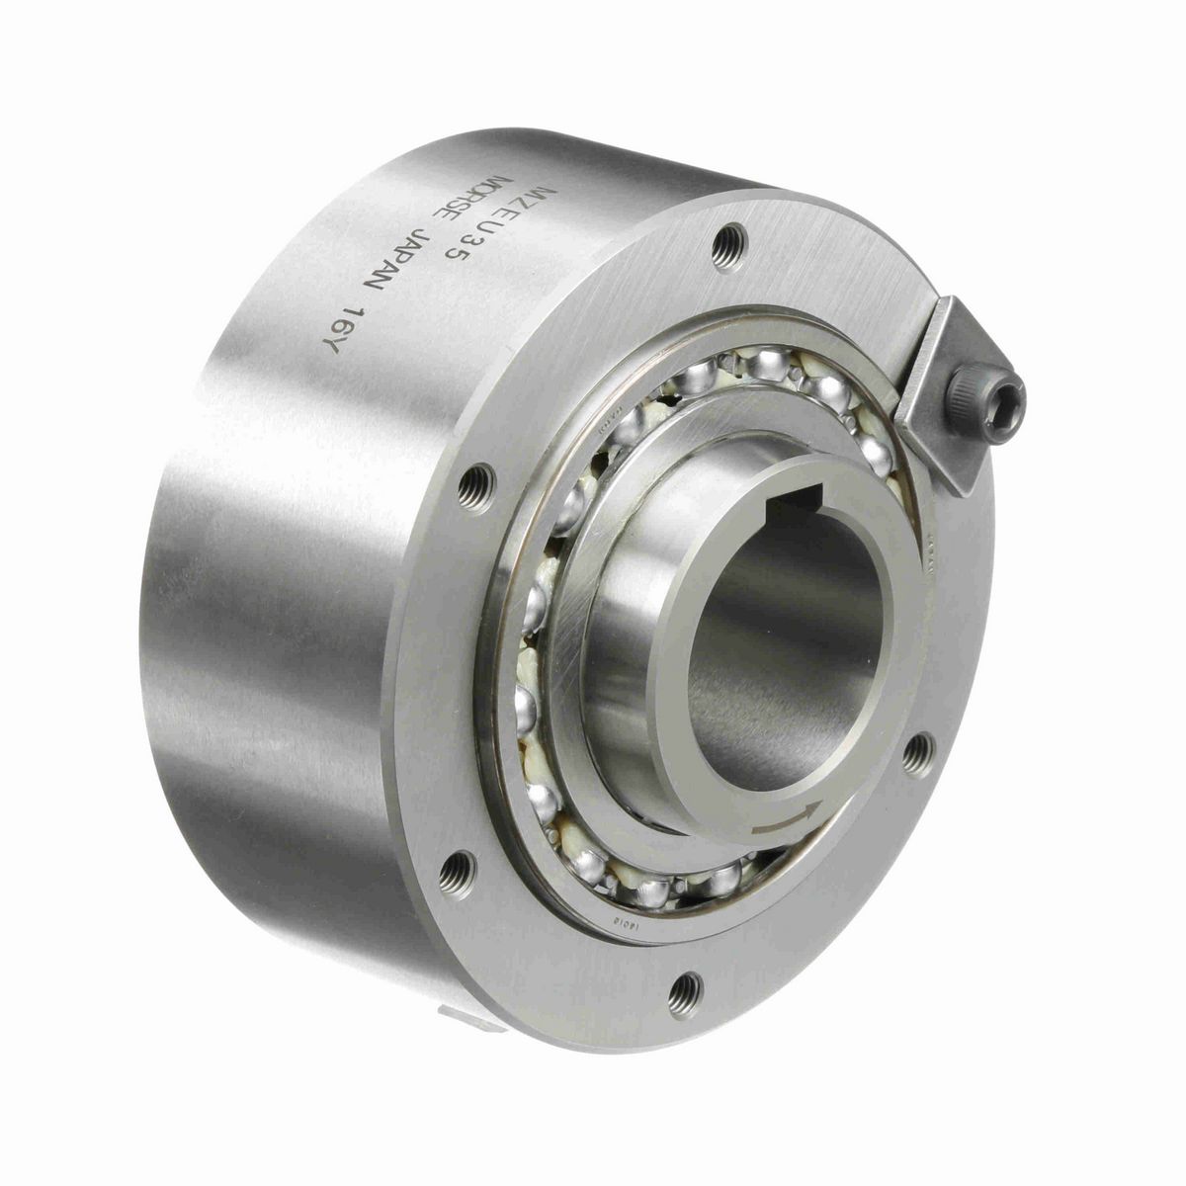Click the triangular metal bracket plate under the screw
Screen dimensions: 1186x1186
point(944,435)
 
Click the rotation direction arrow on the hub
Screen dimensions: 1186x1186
point(786,819)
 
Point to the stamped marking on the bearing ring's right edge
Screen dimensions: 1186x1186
point(931,558)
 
